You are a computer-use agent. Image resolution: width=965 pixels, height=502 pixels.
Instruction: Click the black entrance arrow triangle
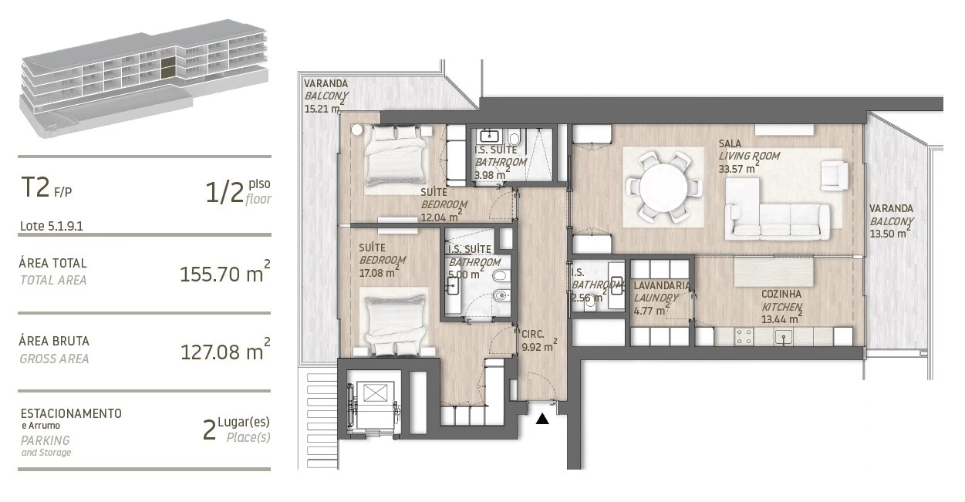click(x=542, y=419)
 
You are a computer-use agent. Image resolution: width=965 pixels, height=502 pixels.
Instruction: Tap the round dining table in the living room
click(x=663, y=187)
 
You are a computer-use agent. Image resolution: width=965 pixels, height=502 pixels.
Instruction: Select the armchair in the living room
click(x=834, y=176)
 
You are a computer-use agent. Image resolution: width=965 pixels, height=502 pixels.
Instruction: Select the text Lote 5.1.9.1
click(x=51, y=226)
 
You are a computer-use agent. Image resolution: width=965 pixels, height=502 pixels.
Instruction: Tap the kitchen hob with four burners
click(x=744, y=337)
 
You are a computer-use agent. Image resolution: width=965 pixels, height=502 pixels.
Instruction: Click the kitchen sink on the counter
click(x=784, y=337)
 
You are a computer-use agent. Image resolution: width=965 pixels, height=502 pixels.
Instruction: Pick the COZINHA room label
click(x=781, y=294)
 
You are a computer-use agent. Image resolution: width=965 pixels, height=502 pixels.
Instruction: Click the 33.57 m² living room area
click(x=738, y=168)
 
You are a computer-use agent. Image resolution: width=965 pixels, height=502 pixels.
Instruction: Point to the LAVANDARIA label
click(x=662, y=285)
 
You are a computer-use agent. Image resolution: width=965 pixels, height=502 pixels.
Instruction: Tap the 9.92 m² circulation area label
click(x=539, y=345)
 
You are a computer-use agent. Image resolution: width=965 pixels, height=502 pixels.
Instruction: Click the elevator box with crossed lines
click(x=375, y=393)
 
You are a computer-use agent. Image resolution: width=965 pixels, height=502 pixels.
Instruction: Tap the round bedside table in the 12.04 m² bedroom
click(x=356, y=130)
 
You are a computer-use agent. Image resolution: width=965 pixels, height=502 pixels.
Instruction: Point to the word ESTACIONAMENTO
click(x=71, y=413)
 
